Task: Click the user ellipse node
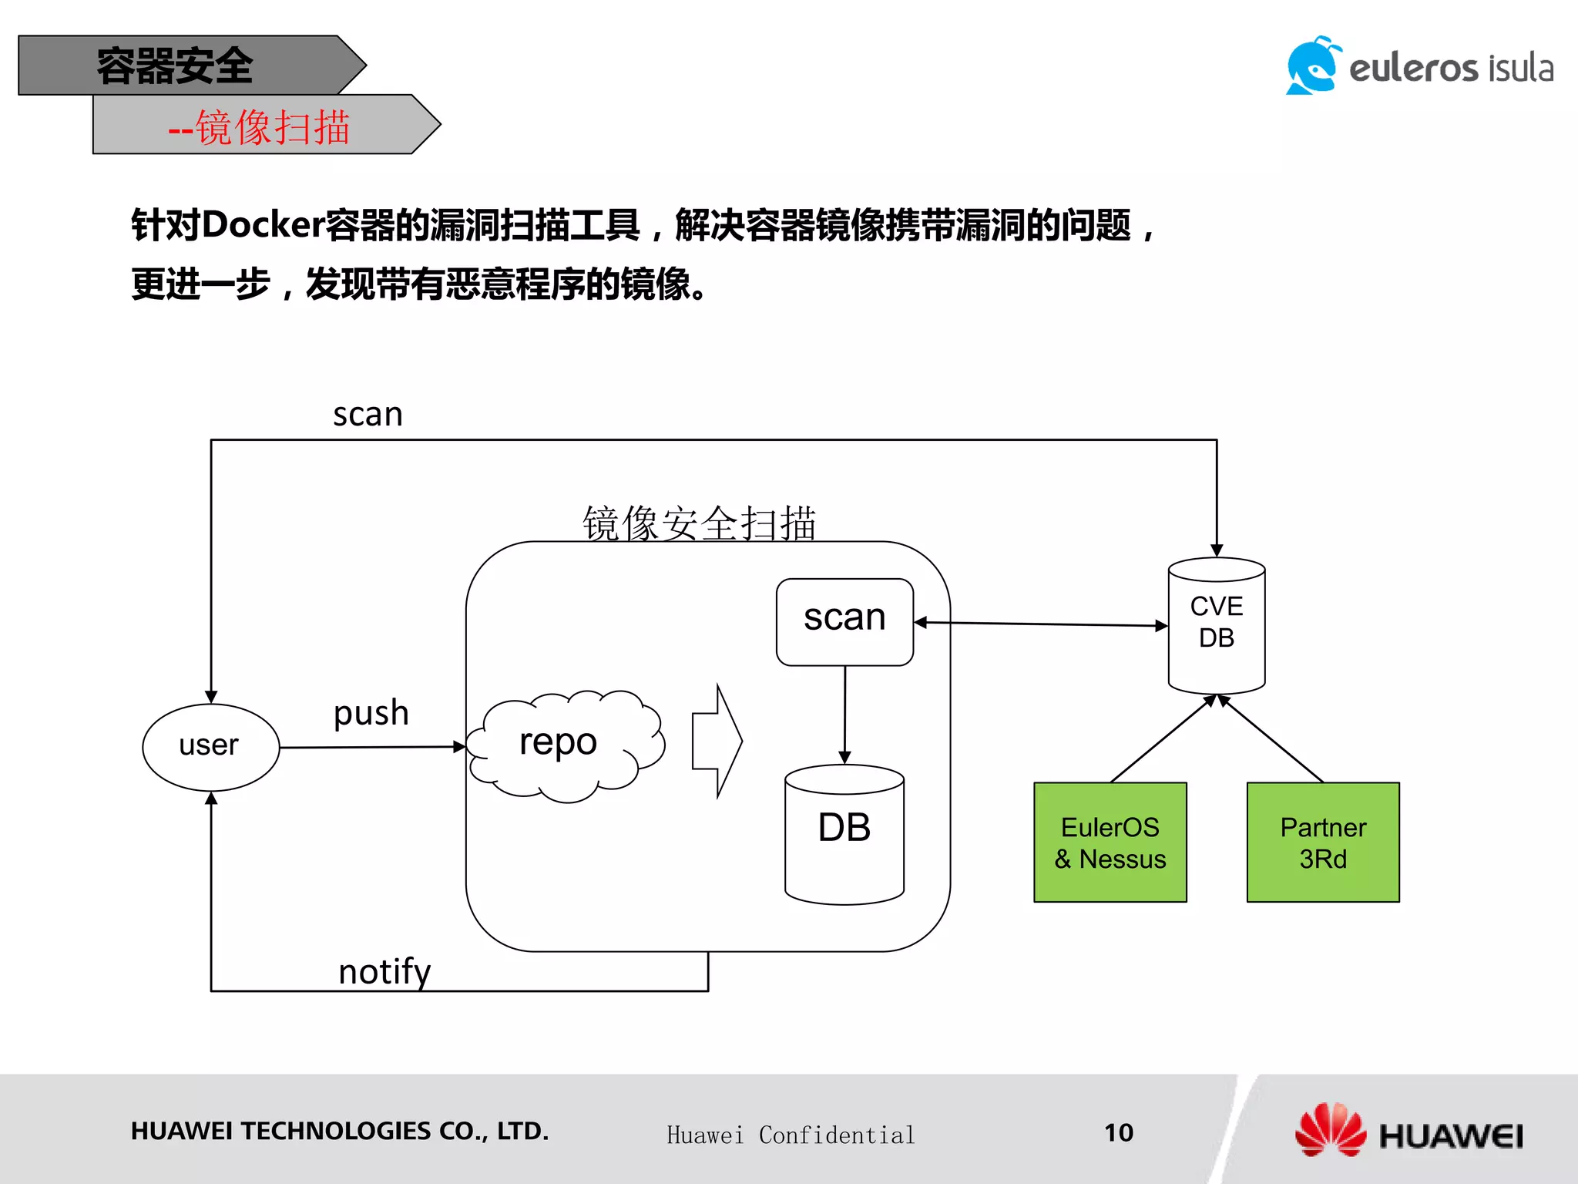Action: (x=210, y=746)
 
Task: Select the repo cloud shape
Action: (x=564, y=745)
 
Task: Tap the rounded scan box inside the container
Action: (x=844, y=621)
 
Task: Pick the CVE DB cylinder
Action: (x=1216, y=624)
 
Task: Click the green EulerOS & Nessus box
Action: (x=1110, y=842)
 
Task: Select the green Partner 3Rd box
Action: (x=1322, y=842)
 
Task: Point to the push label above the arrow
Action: (x=371, y=713)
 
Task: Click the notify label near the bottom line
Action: (x=384, y=971)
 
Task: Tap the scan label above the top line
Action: (x=368, y=415)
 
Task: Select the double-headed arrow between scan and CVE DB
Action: (x=1040, y=624)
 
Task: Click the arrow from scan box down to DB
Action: (x=844, y=714)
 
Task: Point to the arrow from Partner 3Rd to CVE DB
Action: (x=1271, y=739)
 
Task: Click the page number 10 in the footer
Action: (x=1118, y=1132)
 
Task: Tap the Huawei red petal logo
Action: (x=1330, y=1129)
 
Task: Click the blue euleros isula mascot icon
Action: (x=1311, y=66)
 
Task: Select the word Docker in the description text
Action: (x=263, y=225)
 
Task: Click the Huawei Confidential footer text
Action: (x=791, y=1135)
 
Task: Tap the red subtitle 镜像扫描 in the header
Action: (x=272, y=127)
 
